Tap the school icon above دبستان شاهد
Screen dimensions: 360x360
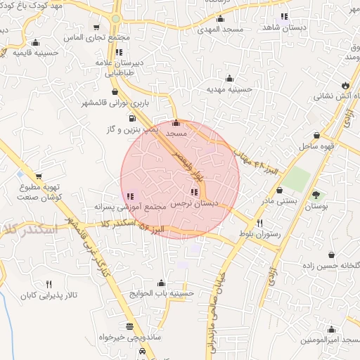tap(284, 16)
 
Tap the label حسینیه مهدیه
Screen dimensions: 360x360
tap(229, 90)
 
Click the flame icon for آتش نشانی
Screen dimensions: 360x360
tap(344, 85)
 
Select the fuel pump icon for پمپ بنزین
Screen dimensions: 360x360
tap(134, 118)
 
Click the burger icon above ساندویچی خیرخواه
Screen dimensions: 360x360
tap(129, 326)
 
